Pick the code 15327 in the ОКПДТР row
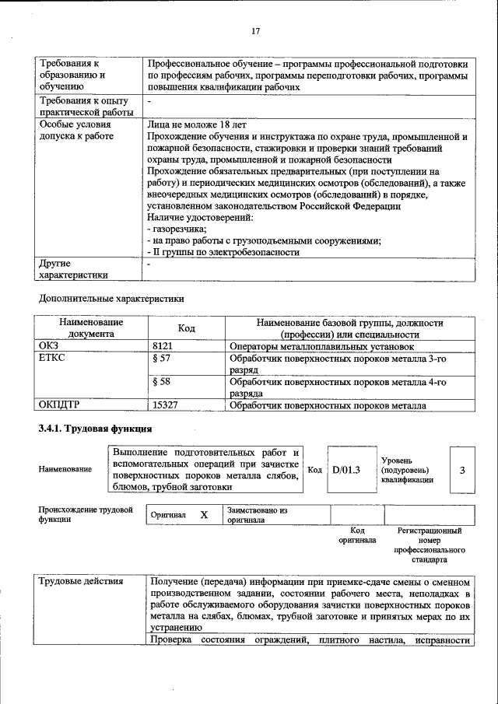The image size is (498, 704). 167,405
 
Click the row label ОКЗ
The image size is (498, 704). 49,346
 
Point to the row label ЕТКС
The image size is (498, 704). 52,359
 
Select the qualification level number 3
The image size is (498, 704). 462,470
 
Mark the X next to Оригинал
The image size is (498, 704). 204,515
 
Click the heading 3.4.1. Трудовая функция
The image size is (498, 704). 95,429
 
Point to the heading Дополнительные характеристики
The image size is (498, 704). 111,298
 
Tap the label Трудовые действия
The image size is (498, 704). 80,582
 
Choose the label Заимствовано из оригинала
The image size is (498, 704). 258,515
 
